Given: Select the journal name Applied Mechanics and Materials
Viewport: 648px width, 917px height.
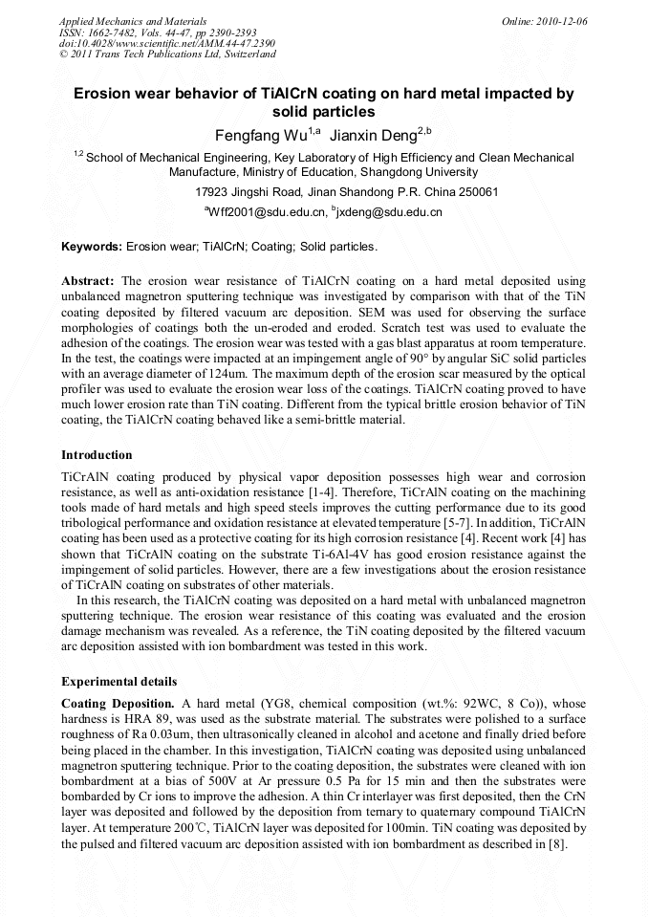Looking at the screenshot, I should [x=133, y=21].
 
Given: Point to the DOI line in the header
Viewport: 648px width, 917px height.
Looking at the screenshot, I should [x=167, y=43].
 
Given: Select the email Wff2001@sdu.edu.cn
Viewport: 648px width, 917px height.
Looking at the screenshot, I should [x=263, y=211].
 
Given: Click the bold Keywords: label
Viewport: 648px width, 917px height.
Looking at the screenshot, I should [x=92, y=247].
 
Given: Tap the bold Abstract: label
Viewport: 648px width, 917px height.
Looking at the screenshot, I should [x=88, y=281].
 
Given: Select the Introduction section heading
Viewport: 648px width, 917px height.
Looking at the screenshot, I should [x=97, y=454].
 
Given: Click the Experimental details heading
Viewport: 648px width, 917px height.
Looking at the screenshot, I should [x=119, y=682].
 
